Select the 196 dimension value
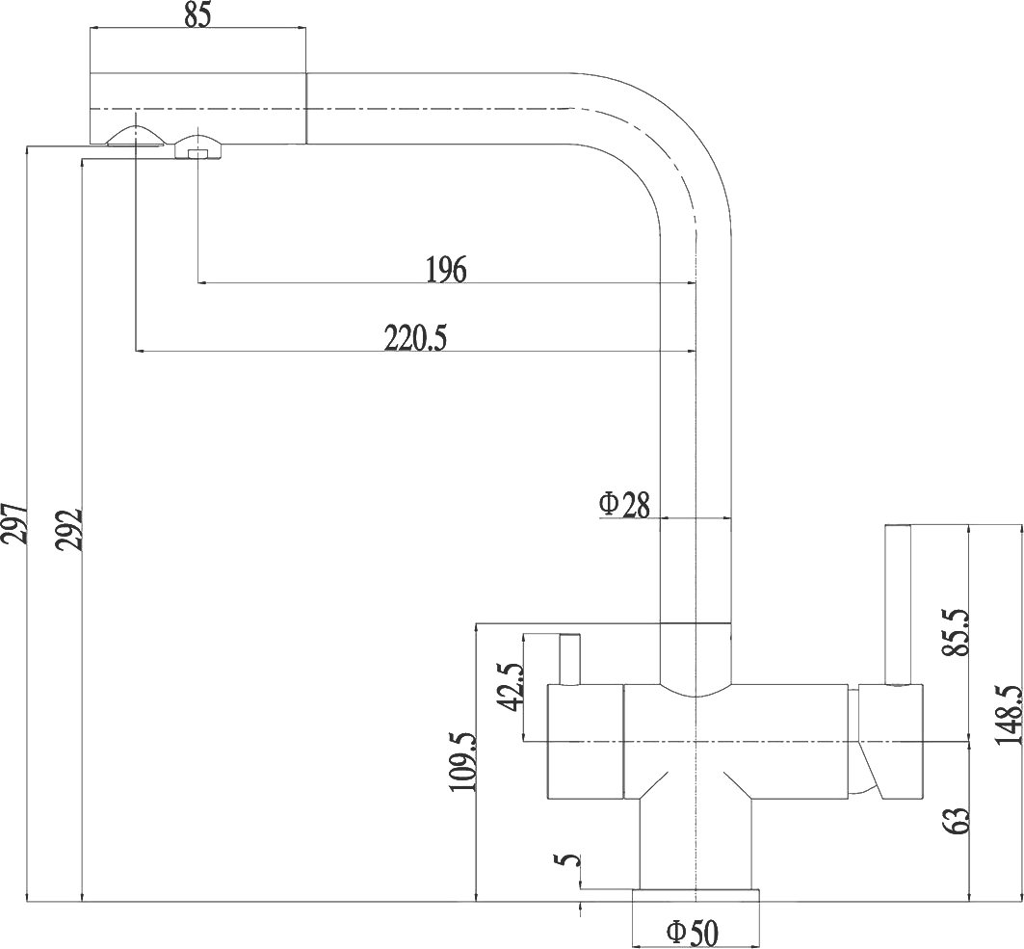point(445,270)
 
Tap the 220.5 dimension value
point(415,338)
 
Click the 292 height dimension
point(69,527)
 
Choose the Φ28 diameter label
point(625,504)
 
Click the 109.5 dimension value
point(462,761)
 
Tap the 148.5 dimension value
point(1009,715)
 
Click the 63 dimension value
point(956,821)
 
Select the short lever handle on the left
point(569,659)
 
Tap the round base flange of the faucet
point(694,895)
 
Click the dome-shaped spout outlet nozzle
point(134,136)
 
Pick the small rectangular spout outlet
point(197,151)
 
